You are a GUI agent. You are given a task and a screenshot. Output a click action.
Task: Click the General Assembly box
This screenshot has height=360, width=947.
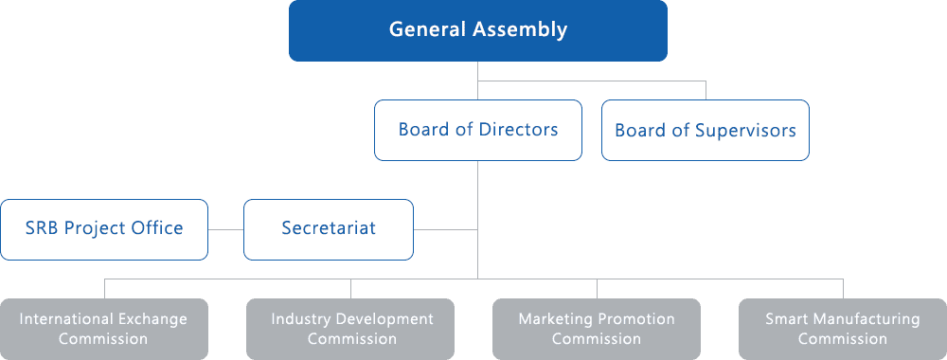(x=478, y=30)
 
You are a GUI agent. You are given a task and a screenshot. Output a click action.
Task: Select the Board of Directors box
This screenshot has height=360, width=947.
(x=478, y=130)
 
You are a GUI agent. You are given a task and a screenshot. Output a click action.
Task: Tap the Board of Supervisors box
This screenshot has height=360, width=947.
(x=706, y=130)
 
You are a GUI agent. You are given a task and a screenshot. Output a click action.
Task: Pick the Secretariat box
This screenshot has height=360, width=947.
(x=329, y=228)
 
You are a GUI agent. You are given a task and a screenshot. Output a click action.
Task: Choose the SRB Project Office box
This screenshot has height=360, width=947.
(x=104, y=228)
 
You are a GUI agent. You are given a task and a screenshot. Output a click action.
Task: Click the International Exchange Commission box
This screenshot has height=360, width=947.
(x=104, y=329)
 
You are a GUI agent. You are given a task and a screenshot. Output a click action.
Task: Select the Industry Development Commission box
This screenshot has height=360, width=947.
(x=350, y=329)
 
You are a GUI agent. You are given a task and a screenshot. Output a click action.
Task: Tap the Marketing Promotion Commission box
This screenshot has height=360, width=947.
(x=597, y=329)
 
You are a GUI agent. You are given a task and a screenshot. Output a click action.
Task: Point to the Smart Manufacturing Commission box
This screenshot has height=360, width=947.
(x=843, y=329)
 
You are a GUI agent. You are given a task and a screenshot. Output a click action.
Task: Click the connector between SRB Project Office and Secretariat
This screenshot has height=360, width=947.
(x=225, y=229)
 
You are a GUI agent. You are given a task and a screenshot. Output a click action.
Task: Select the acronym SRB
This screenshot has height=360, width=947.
(x=43, y=228)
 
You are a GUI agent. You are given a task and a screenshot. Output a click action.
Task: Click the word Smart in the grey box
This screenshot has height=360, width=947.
(x=787, y=319)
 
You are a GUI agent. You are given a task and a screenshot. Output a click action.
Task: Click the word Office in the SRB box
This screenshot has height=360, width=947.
(x=159, y=228)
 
